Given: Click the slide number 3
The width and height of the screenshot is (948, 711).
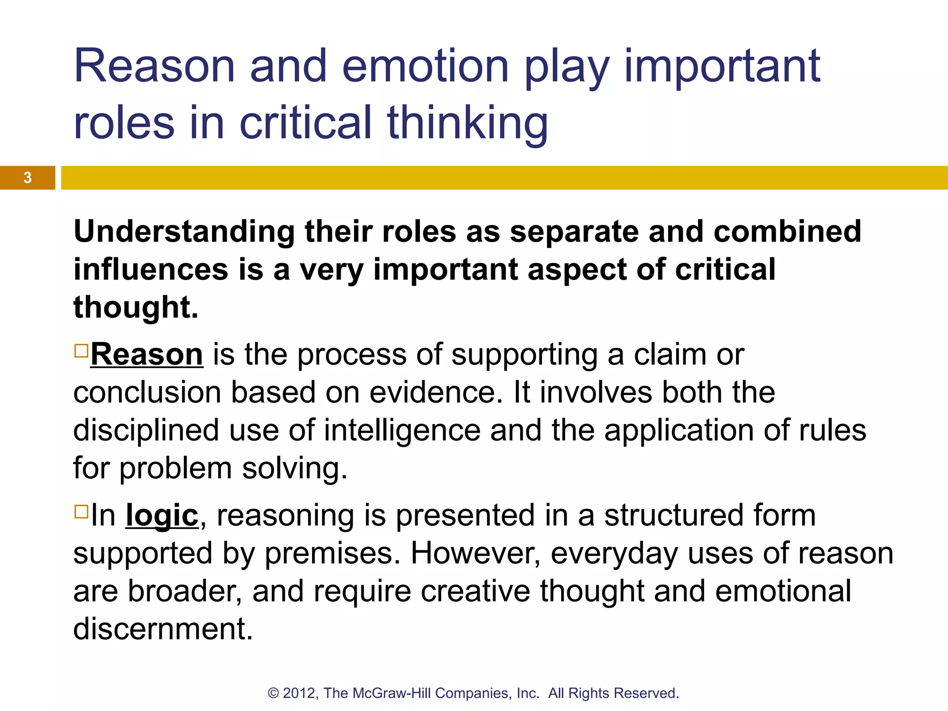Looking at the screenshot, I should click(x=28, y=178).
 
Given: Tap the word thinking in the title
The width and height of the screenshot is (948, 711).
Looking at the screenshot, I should click(x=468, y=123).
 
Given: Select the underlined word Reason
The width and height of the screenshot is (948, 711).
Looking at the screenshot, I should click(x=147, y=355).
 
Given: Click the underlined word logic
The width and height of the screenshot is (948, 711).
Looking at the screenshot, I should click(x=162, y=516).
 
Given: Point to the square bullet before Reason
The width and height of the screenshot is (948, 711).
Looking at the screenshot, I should click(x=81, y=350).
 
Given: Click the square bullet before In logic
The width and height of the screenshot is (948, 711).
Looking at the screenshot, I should click(x=81, y=511).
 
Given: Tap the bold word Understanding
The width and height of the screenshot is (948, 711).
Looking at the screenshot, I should click(x=184, y=231).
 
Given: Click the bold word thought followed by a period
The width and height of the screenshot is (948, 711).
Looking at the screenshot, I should click(x=136, y=307).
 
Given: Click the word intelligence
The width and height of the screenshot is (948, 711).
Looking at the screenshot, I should click(x=402, y=430).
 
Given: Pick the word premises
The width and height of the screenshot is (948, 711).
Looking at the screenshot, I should click(x=332, y=554).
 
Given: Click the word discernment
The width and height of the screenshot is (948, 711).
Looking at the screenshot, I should click(x=163, y=630).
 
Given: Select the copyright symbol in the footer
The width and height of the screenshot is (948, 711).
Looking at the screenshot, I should click(x=274, y=693).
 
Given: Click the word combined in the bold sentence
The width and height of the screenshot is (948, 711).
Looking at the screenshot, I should click(x=787, y=231).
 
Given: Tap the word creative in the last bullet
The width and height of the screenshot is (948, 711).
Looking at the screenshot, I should click(x=475, y=592).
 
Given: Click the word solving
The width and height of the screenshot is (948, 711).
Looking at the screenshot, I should click(x=294, y=468).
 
